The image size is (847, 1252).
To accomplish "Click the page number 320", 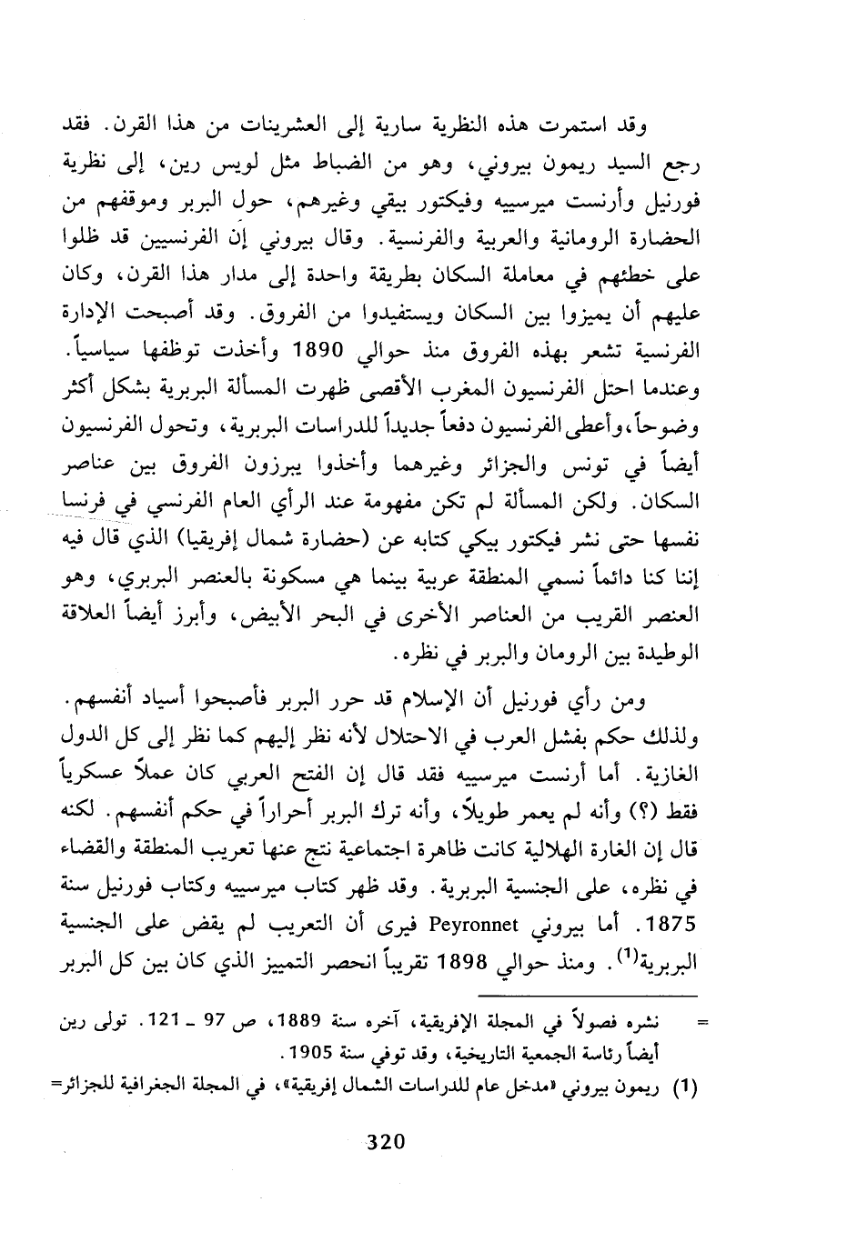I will click(x=384, y=1142).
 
